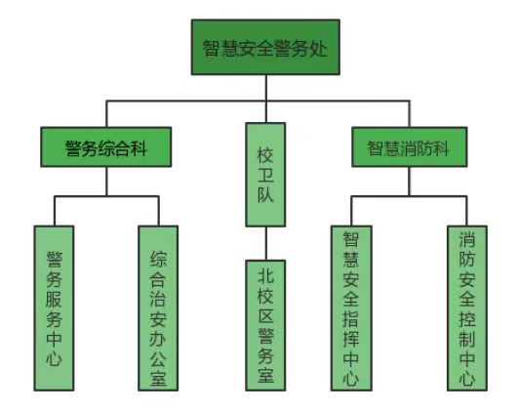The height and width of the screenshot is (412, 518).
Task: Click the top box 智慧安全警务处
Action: (x=265, y=47)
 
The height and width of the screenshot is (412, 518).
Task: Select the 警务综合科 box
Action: (x=106, y=146)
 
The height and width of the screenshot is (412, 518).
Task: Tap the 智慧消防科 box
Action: (x=410, y=146)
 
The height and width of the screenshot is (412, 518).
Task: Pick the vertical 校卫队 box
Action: (x=265, y=175)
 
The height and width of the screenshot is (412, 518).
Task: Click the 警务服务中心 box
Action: (x=54, y=309)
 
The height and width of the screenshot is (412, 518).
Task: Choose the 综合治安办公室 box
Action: (x=158, y=309)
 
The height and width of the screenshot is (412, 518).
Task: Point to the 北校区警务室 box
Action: (x=265, y=325)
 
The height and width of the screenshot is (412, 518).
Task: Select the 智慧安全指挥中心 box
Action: (x=351, y=309)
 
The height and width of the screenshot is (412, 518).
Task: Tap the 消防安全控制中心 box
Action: (x=467, y=309)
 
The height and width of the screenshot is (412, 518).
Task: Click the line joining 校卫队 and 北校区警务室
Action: (x=265, y=244)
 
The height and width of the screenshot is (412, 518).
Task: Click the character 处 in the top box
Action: (x=318, y=48)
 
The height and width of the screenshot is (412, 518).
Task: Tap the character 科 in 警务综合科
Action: (x=139, y=147)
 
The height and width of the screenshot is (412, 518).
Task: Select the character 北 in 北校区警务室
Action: (x=265, y=275)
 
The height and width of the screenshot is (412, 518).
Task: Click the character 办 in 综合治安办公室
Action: (x=158, y=338)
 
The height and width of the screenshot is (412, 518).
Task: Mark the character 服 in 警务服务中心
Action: (x=54, y=299)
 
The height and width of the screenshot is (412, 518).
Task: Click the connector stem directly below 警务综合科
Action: (x=106, y=182)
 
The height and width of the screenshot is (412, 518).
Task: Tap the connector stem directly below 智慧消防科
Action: (x=410, y=182)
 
